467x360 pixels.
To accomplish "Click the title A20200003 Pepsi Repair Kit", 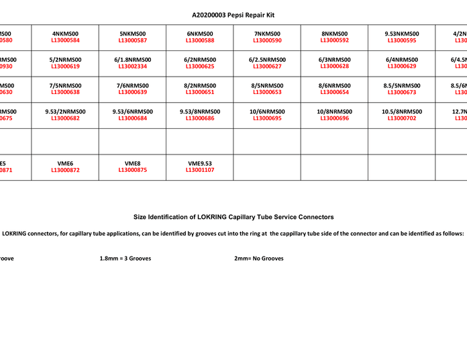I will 234,15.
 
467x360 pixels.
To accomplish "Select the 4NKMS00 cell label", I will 65,34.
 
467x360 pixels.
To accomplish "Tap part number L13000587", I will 132,40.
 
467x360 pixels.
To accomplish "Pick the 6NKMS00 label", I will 200,34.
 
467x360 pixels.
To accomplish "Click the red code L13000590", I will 267,40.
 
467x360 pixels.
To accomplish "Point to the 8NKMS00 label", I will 334,34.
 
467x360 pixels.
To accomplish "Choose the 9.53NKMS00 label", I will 401,34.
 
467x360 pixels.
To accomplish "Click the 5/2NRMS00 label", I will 65,60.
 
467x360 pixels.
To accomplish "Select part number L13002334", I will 132,66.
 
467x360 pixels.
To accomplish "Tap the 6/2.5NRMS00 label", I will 267,60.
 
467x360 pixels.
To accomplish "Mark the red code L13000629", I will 401,66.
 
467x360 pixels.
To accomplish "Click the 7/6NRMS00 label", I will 132,85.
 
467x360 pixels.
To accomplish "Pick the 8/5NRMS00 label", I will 267,85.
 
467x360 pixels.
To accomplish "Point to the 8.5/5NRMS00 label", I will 401,85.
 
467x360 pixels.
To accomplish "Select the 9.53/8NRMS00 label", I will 200,111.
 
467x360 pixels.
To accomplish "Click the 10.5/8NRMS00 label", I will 401,111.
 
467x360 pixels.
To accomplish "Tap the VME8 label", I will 132,163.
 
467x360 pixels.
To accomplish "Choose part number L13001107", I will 200,170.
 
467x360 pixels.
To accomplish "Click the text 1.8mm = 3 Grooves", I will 125,259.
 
